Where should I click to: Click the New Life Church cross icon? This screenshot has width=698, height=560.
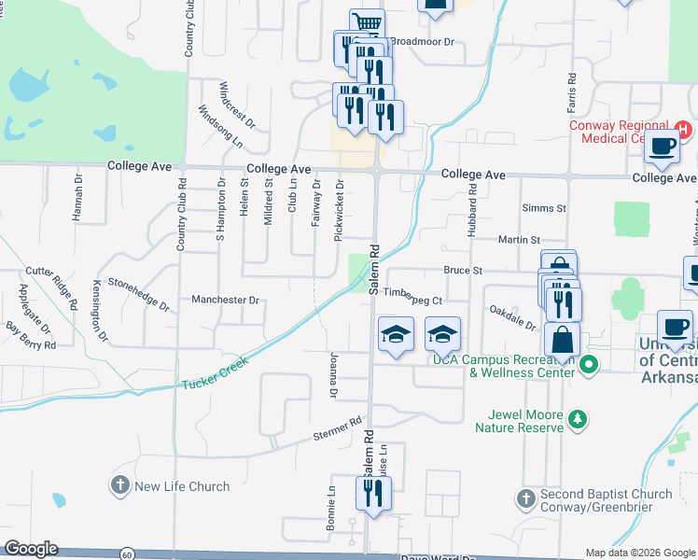119,485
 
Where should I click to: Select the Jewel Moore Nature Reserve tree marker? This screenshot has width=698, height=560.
579,420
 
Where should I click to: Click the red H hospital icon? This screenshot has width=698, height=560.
683,128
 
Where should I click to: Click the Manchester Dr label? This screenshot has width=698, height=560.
225,301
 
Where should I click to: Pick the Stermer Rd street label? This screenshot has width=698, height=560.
337,430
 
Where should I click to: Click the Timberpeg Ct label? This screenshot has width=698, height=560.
412,300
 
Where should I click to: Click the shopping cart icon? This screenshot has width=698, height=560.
367,22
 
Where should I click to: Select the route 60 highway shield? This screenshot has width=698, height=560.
126,553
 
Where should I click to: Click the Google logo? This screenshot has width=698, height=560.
31,549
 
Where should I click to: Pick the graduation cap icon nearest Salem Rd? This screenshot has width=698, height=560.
396,333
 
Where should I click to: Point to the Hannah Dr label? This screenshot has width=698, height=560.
78,197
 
